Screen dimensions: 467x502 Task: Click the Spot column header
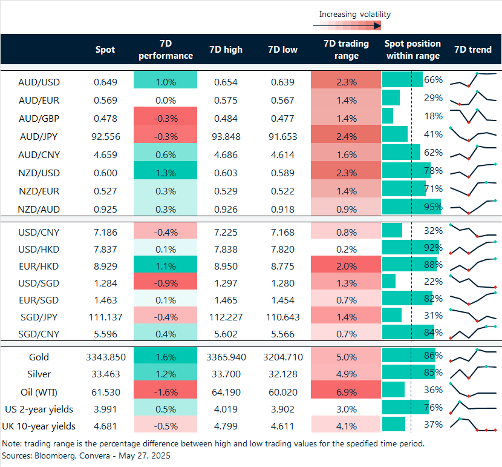[x=105, y=50]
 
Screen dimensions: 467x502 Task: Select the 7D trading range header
[x=346, y=50]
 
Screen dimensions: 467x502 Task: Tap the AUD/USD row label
[x=39, y=82]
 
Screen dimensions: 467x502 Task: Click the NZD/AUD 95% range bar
[x=411, y=209]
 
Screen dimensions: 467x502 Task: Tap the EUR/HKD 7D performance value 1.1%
[x=166, y=265]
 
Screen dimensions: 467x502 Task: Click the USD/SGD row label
[x=39, y=283]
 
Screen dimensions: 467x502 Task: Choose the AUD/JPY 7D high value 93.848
[x=225, y=136]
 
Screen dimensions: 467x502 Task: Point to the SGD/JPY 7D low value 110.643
[x=282, y=317]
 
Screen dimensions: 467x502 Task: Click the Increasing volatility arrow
[x=347, y=25]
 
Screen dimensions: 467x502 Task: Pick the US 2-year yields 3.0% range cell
[x=346, y=408]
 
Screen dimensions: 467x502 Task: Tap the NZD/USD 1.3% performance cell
[x=166, y=173]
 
